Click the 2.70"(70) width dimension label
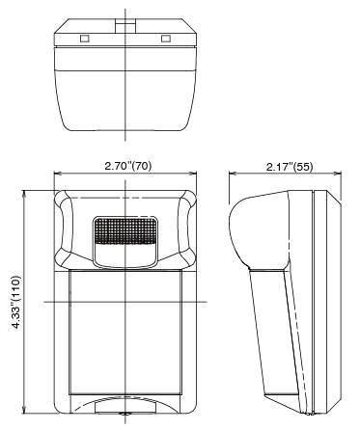pos(128,166)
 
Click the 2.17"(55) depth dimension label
pos(290,167)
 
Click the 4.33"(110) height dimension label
pos(15,302)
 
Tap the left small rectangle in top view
pos(85,39)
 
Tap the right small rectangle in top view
pos(166,39)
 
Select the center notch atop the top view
pos(125,26)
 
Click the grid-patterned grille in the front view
pos(125,230)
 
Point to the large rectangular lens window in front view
pos(125,333)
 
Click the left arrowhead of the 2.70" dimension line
pos(57,174)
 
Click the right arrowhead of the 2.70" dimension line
pos(193,174)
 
